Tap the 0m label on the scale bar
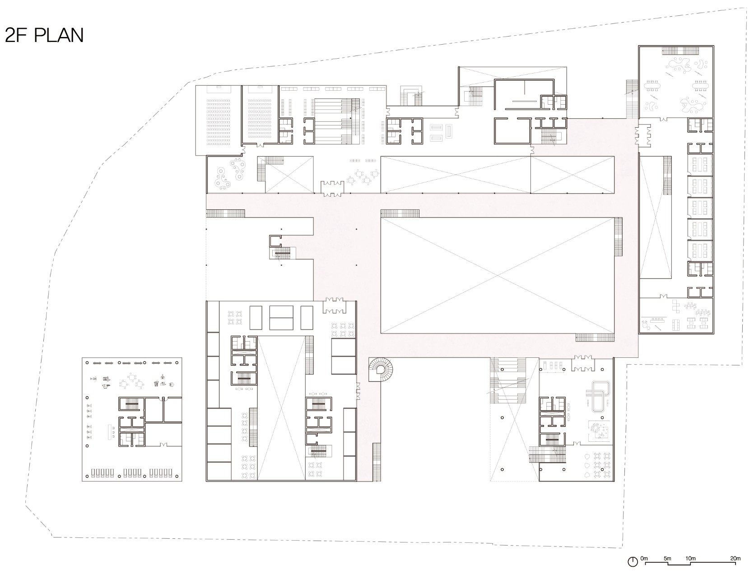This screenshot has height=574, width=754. point(644,559)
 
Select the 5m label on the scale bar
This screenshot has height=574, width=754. point(667,559)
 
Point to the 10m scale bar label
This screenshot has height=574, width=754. point(690,559)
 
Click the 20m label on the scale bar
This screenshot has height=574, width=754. point(735,559)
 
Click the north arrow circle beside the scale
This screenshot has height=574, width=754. point(633,562)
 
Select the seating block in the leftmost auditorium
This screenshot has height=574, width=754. point(219,122)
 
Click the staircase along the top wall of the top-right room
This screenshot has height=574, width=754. point(680,51)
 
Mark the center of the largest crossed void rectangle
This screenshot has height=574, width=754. point(497,275)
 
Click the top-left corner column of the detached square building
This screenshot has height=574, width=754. point(87,362)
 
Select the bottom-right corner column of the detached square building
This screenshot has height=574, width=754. point(177,476)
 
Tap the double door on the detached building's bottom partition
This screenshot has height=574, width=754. point(163,445)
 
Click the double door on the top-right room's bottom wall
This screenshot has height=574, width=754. point(665,119)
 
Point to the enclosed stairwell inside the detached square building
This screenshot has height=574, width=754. point(132,404)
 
